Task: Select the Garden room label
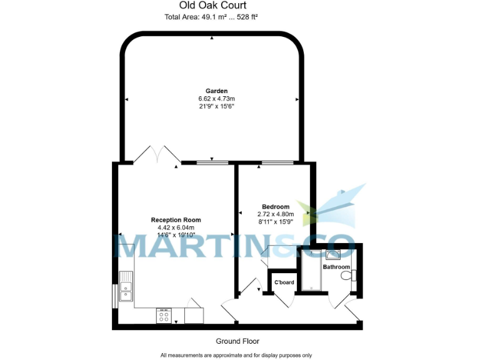[216, 91]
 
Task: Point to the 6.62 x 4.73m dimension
[216, 99]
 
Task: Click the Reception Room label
[176, 220]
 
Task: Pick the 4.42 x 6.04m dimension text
[176, 227]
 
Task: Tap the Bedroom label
[275, 207]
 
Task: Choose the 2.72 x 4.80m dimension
[275, 214]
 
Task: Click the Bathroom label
[336, 267]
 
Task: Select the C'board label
[284, 282]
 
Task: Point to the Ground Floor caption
[237, 341]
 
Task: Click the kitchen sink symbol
[127, 287]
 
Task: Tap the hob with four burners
[164, 316]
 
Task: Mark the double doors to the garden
[157, 154]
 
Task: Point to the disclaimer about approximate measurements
[236, 355]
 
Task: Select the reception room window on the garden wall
[212, 164]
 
